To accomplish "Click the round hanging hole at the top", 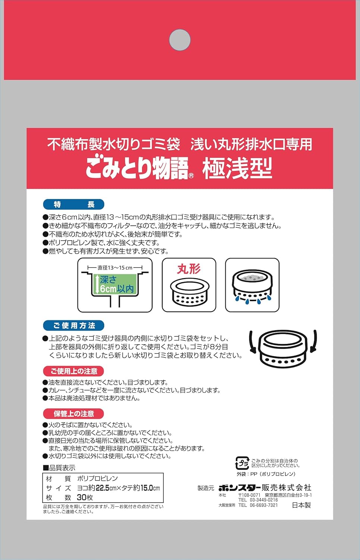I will tap(180, 40).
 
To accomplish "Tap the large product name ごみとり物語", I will tap(137, 168).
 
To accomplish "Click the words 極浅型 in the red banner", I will tap(237, 168).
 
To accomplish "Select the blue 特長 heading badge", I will tap(74, 204).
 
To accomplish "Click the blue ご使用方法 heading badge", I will tap(74, 326).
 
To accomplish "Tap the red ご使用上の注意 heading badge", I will tap(74, 371).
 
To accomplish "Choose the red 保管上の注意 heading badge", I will tap(74, 414).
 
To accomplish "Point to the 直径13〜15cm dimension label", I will tap(115, 268).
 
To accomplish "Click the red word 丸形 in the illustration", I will tap(189, 269).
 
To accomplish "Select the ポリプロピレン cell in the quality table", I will tap(97, 479).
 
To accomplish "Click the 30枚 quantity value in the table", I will tap(85, 498).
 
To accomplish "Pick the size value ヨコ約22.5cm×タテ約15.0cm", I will tap(118, 488).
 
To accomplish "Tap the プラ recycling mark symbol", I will tap(242, 463).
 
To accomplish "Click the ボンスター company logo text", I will tap(239, 488).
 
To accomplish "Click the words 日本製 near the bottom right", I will tap(301, 505).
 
